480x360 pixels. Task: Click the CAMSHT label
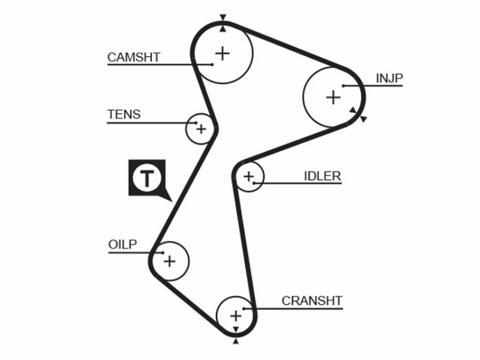click(134, 57)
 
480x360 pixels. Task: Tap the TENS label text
click(124, 115)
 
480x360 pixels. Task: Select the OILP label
click(122, 244)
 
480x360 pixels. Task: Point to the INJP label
click(389, 79)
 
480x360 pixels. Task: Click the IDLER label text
click(322, 176)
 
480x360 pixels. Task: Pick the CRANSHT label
click(311, 301)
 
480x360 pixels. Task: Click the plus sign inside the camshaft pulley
click(223, 53)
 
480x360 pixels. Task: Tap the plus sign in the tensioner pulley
click(201, 129)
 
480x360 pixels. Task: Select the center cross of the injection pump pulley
click(333, 97)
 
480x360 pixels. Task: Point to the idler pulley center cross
click(248, 176)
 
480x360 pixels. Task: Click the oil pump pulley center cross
click(170, 262)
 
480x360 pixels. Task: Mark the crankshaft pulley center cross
click(236, 316)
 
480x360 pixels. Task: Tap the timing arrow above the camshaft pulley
click(223, 17)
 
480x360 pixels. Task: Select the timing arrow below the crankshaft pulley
click(236, 340)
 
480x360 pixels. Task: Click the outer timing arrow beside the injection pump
click(364, 119)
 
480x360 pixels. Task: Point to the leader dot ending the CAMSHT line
click(212, 64)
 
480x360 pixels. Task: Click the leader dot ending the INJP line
click(343, 86)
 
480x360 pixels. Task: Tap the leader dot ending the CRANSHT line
click(244, 308)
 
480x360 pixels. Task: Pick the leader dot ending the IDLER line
click(254, 183)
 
